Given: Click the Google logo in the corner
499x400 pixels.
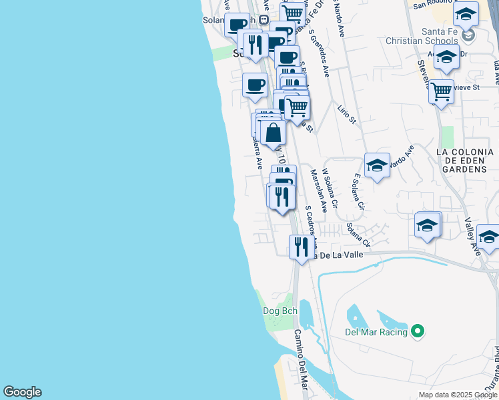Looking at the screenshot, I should tap(22, 392).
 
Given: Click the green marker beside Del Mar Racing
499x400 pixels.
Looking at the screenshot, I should tap(418, 331).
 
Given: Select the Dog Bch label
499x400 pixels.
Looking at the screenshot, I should tap(280, 311).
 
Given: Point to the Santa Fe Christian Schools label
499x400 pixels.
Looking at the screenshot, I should tap(423, 36).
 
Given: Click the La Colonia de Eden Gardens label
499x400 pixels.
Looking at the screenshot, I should tap(461, 161).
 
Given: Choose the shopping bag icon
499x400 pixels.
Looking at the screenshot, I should tap(274, 133).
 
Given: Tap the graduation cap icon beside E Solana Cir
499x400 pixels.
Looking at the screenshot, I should tap(377, 166).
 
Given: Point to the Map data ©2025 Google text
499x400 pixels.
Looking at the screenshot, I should tap(458, 395).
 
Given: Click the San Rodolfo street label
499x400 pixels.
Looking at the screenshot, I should tap(437, 5).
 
